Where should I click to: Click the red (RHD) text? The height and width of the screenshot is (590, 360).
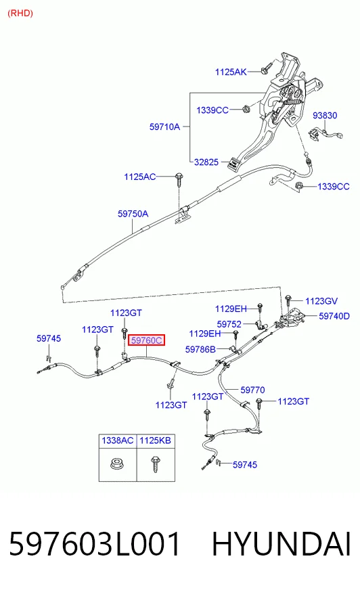coord(20,13)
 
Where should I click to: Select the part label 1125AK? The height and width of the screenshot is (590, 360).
coord(231,72)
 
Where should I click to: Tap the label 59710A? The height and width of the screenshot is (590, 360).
coord(164,127)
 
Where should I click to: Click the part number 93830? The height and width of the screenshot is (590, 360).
coord(325,115)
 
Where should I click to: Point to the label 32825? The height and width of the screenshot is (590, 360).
coord(206,162)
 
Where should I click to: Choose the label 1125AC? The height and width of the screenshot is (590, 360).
coord(140,177)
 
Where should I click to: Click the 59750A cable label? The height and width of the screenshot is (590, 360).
coord(133,214)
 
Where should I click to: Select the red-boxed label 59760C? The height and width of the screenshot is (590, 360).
coord(147,340)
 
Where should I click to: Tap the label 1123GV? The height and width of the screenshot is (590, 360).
coord(321,301)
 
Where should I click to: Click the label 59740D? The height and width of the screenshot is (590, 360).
coord(334,316)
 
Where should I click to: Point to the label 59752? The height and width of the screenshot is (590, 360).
coord(229,324)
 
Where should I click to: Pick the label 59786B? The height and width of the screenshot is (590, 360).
coord(200,350)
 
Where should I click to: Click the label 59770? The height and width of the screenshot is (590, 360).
coord(252,390)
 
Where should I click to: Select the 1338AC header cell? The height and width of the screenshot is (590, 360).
coord(118,440)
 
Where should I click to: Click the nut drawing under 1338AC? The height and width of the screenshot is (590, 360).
coord(117,463)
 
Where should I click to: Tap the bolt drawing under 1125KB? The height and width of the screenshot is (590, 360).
coord(155,464)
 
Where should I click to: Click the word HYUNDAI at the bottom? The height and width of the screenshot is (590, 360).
coord(282,544)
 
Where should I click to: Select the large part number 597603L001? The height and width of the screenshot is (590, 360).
coord(95,544)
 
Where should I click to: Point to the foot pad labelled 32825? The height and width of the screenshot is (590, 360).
coord(233,164)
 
